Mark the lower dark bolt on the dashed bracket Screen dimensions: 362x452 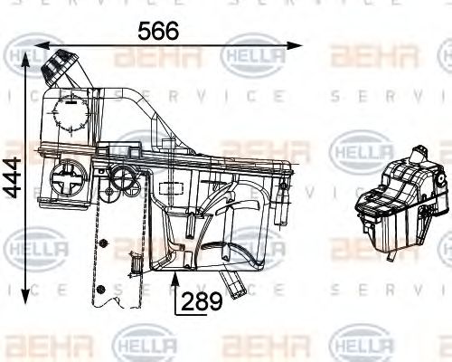coord(102,290)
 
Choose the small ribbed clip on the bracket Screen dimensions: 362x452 coord(135,258)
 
